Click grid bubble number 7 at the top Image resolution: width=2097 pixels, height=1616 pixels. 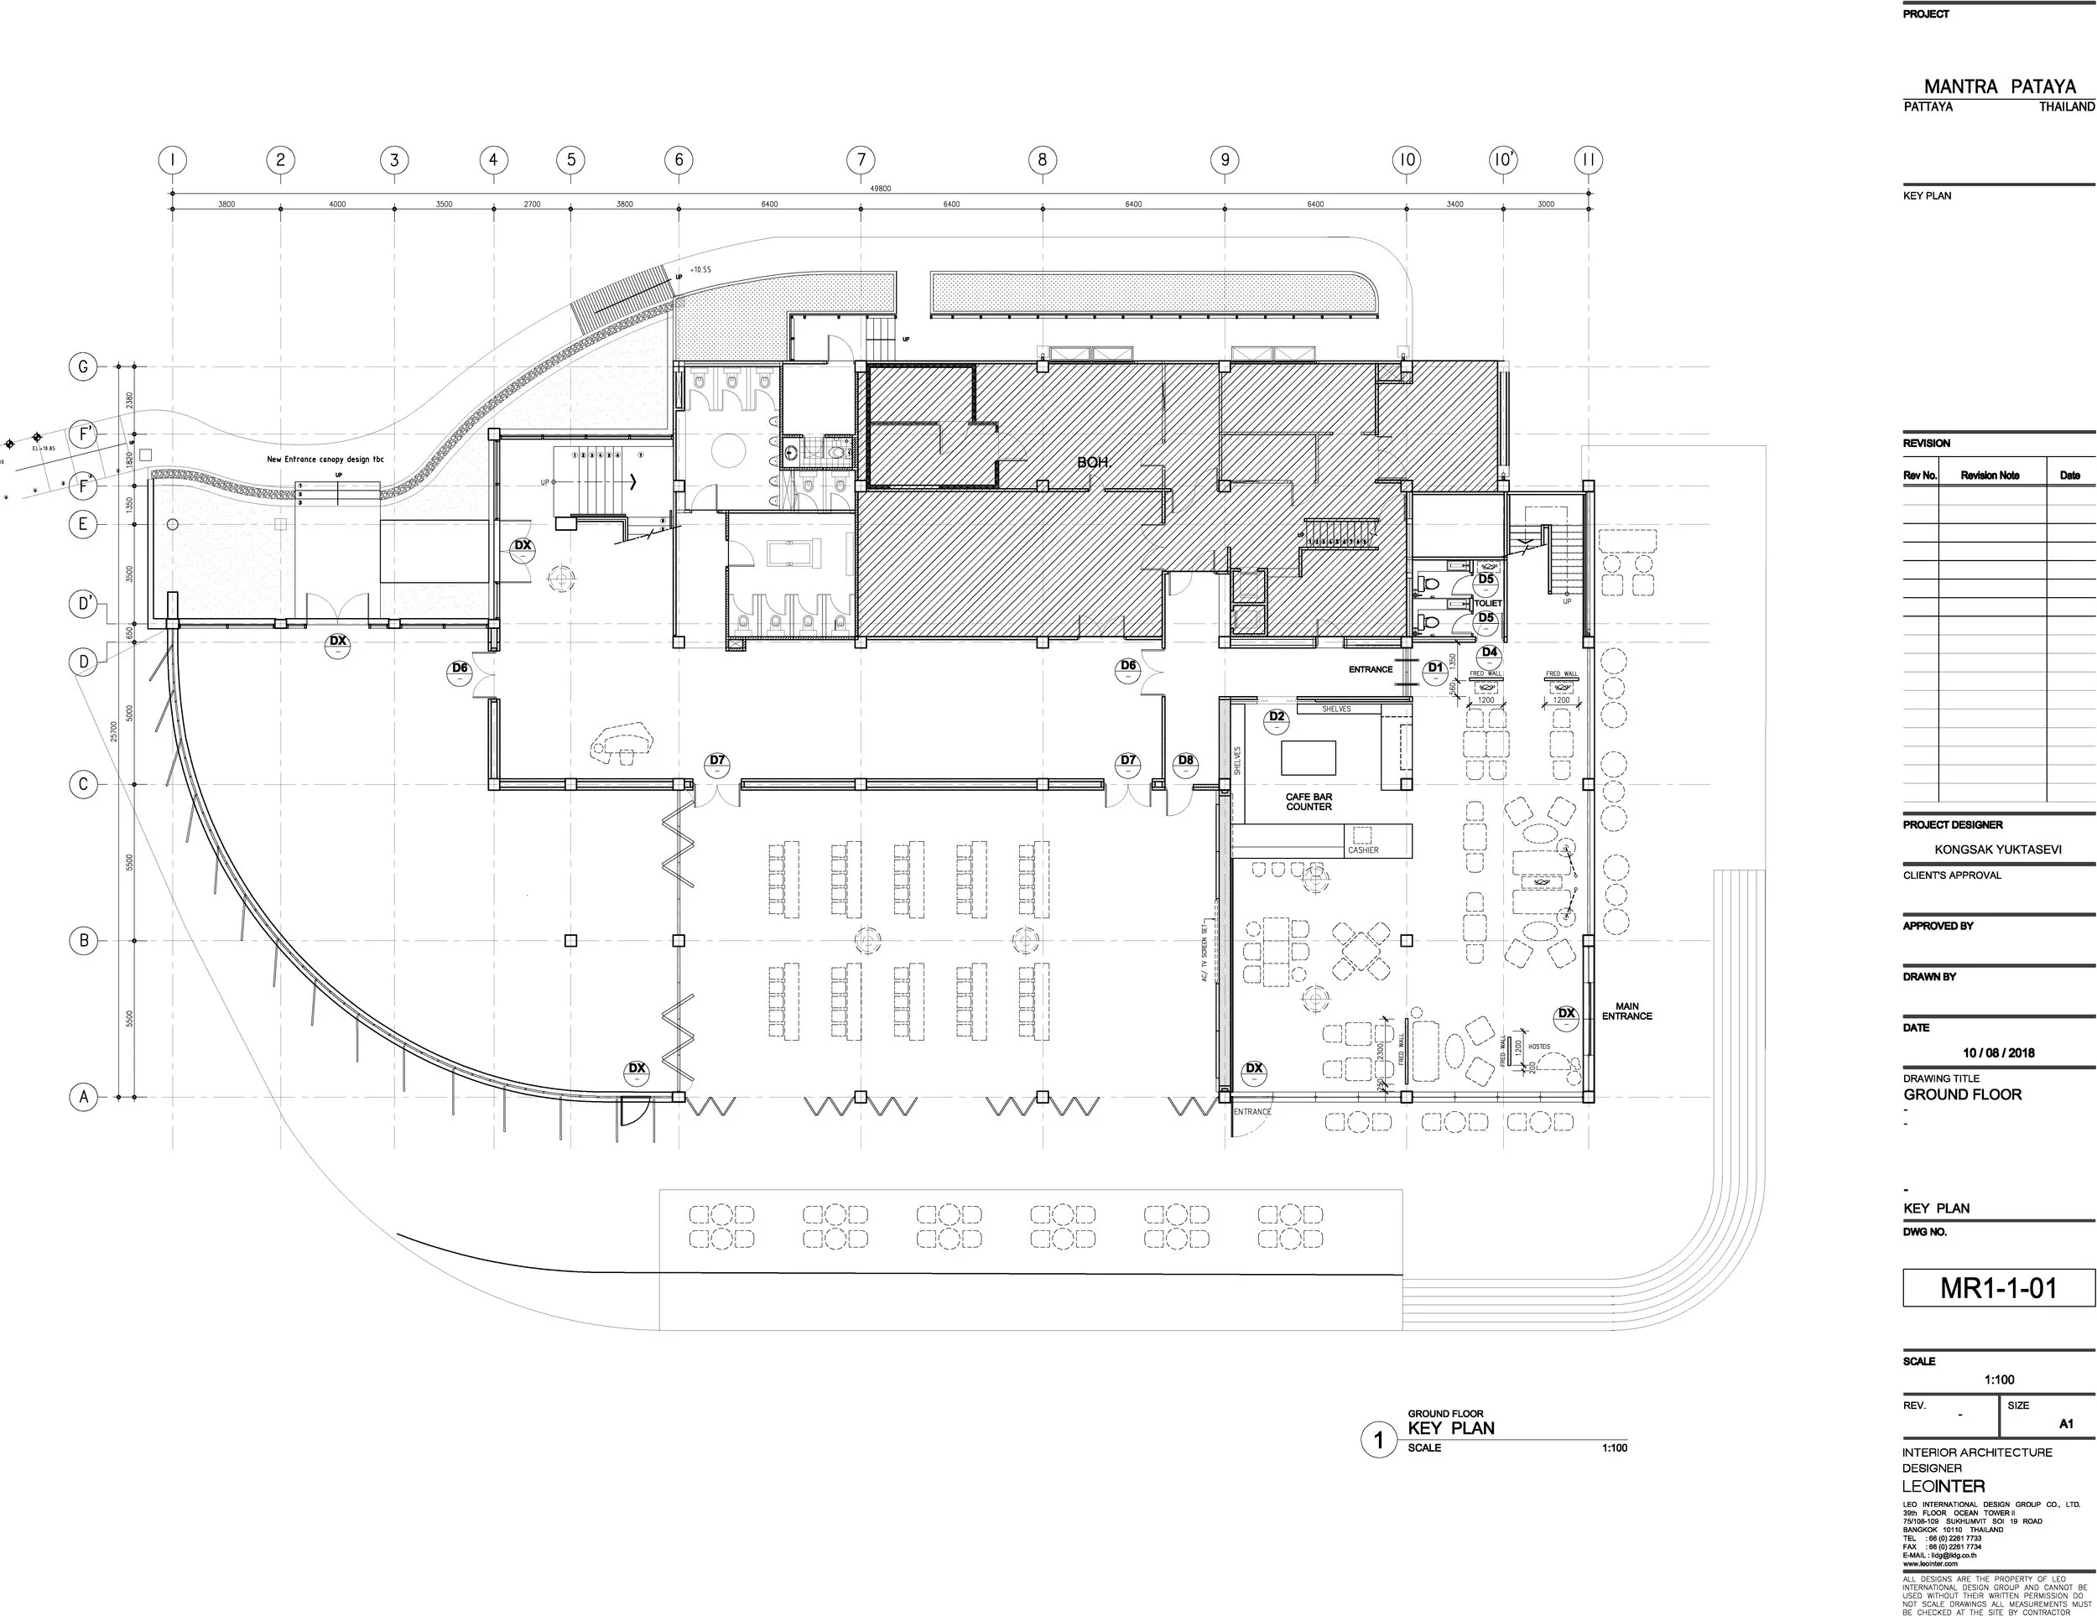pos(861,160)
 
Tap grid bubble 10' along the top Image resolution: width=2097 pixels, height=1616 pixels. pos(1504,160)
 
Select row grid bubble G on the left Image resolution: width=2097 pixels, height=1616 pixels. pos(84,366)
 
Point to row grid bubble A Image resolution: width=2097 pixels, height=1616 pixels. pos(84,1097)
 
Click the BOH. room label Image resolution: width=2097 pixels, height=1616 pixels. pos(1094,463)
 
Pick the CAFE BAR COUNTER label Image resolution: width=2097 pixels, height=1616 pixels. pos(1309,802)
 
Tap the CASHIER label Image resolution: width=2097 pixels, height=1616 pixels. pos(1362,850)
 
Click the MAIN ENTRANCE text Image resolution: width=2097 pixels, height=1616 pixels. pos(1626,1011)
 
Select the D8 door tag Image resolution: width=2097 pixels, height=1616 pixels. pos(1186,761)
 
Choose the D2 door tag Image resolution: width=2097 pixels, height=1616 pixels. pos(1277,717)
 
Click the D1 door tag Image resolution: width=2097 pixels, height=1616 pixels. pos(1435,668)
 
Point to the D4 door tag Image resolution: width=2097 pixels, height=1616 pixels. pos(1489,653)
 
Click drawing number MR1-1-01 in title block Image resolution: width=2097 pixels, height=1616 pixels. pos(1999,1287)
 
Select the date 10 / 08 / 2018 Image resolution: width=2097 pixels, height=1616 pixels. pos(1998,1052)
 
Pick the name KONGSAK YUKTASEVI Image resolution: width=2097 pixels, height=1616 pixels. pos(1998,849)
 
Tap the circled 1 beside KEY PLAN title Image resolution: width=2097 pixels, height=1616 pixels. pos(1379,1440)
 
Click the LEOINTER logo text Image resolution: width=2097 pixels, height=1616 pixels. pos(1943,1486)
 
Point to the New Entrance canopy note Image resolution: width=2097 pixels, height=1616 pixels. pos(325,460)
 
